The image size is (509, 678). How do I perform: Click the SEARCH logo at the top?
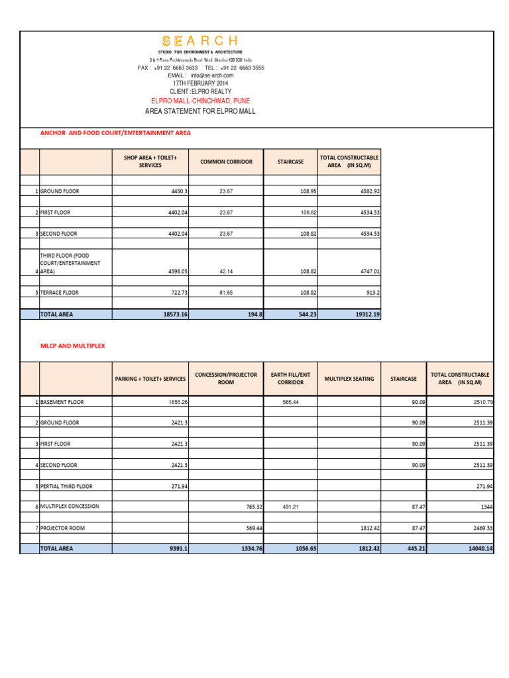pyautogui.click(x=200, y=41)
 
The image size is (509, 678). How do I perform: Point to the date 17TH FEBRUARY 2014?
pyautogui.click(x=200, y=83)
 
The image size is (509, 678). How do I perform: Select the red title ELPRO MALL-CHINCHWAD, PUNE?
pyautogui.click(x=200, y=101)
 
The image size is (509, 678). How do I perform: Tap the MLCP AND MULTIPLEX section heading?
pyautogui.click(x=72, y=346)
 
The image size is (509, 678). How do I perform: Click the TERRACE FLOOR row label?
pyautogui.click(x=60, y=292)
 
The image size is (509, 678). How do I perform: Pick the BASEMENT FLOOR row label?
pyautogui.click(x=62, y=402)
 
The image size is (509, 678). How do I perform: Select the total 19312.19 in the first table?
pyautogui.click(x=367, y=315)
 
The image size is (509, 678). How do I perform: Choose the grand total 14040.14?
pyautogui.click(x=479, y=549)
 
